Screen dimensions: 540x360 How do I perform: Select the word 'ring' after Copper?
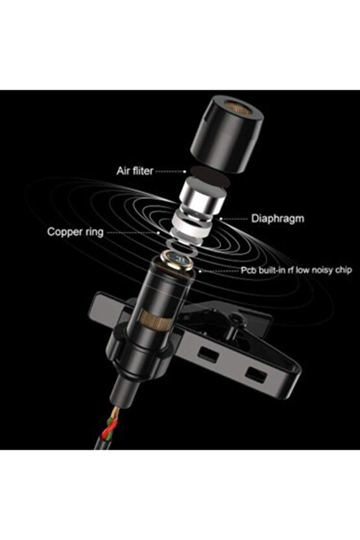92,231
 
